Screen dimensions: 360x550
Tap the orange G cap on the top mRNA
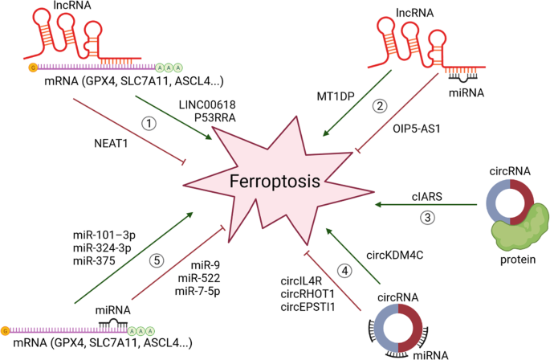(x=32, y=69)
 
